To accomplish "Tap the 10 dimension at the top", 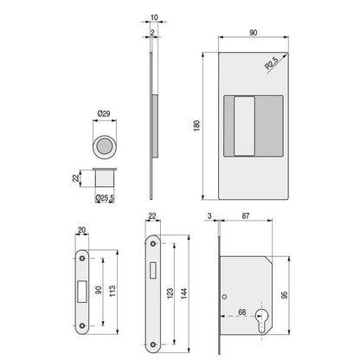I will click(x=154, y=17).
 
